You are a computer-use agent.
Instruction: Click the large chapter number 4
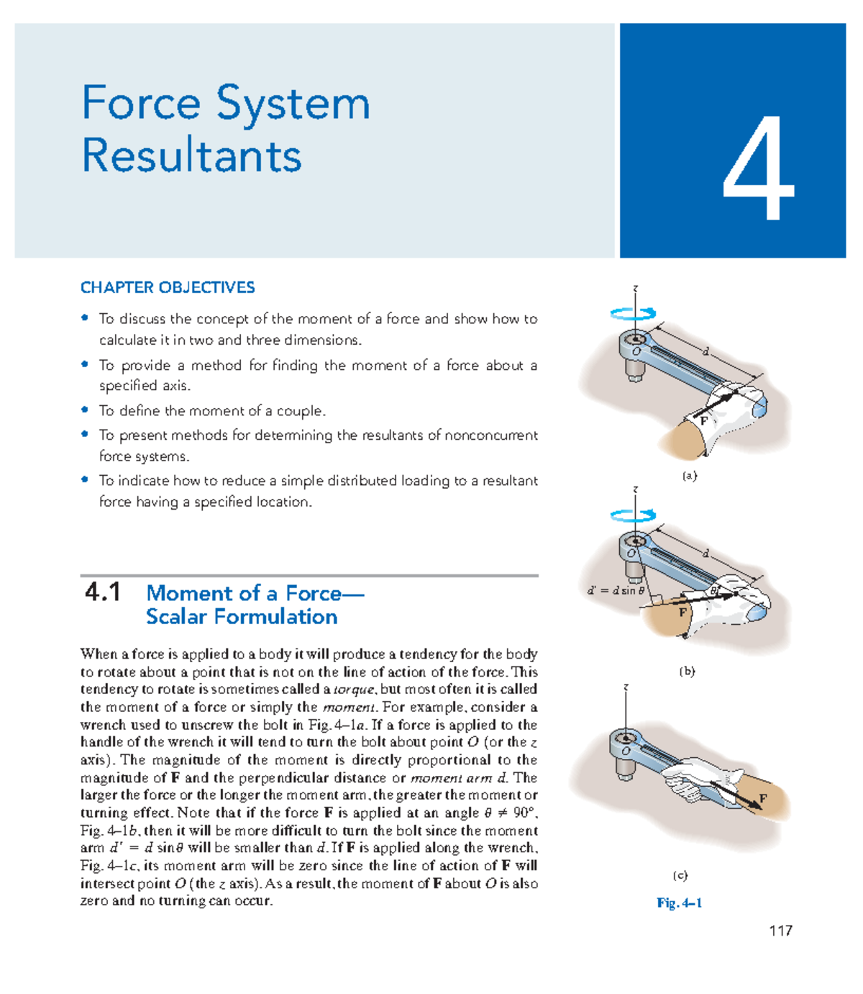point(758,168)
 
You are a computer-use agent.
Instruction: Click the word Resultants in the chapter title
point(191,155)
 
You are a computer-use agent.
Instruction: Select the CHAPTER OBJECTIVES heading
point(168,288)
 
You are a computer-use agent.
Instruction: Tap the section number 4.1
point(102,593)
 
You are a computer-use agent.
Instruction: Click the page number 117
point(780,931)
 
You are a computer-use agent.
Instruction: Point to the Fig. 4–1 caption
point(679,903)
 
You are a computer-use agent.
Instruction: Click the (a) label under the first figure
point(689,476)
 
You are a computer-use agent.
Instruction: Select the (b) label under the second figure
point(687,671)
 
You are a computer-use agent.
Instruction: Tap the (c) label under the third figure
point(680,875)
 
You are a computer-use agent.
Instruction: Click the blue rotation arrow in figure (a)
point(633,313)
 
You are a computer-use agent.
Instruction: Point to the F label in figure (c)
point(763,799)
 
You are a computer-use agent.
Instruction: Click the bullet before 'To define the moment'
point(85,410)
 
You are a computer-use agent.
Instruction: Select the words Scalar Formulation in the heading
point(242,617)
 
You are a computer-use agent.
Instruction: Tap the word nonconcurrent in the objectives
point(491,435)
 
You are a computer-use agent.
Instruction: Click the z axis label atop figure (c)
point(626,687)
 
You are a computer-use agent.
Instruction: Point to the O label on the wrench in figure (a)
point(636,351)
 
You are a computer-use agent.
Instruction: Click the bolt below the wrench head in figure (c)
point(624,769)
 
